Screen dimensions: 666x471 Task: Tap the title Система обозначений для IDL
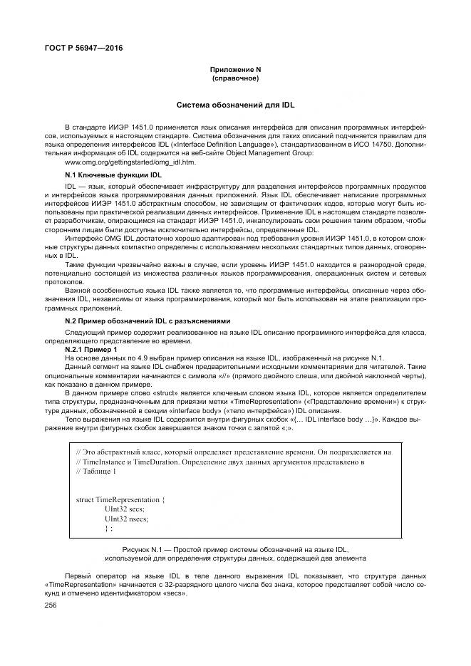click(x=234, y=104)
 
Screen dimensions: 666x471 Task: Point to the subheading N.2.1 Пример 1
click(x=90, y=350)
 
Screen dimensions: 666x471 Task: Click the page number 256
click(x=50, y=605)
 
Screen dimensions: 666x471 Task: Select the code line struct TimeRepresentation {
click(x=120, y=500)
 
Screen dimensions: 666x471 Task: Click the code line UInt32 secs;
click(x=124, y=509)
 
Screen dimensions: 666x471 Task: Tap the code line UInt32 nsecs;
click(x=126, y=519)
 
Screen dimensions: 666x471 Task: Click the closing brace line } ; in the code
click(x=108, y=529)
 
